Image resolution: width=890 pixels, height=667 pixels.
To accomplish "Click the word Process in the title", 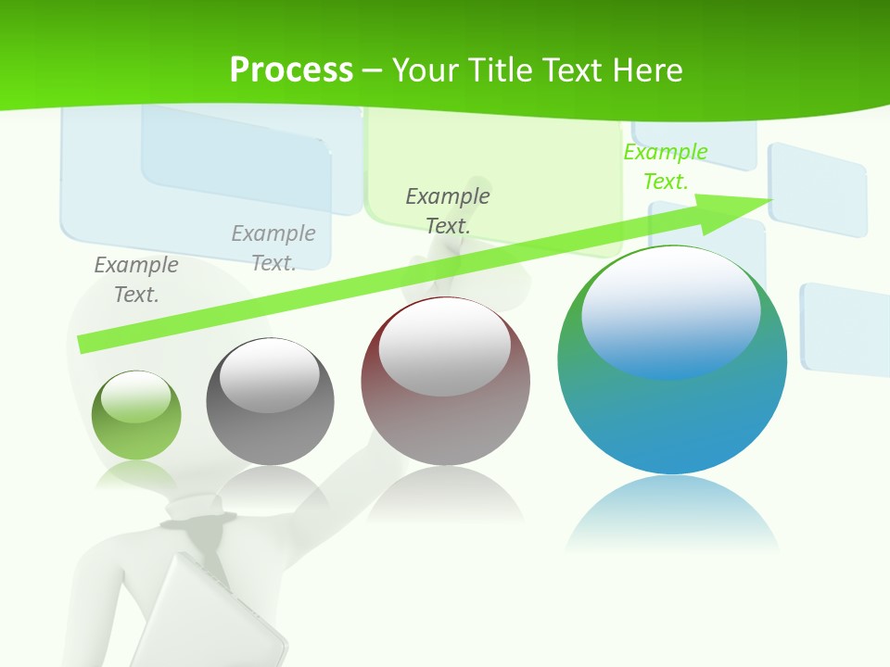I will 291,70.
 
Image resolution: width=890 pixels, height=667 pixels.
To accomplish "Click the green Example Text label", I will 666,167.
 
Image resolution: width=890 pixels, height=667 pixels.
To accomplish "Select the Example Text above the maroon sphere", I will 448,210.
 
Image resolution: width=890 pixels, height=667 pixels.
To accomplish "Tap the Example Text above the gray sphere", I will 273,247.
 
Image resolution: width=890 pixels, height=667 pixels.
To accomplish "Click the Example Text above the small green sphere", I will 136,279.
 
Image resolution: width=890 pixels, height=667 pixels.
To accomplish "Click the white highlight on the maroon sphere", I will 444,343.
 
